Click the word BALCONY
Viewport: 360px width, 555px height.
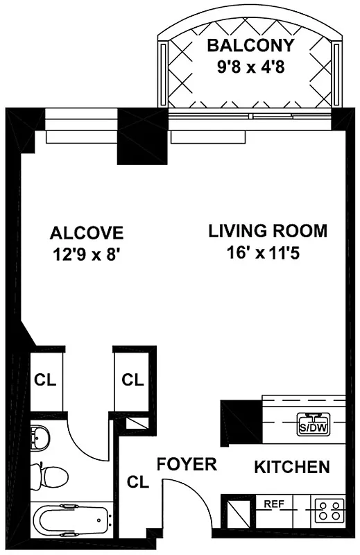pyautogui.click(x=251, y=46)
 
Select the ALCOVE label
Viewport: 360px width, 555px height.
pyautogui.click(x=87, y=232)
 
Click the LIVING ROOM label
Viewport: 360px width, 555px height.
pyautogui.click(x=268, y=231)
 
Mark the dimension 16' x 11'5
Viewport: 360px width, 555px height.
pyautogui.click(x=268, y=253)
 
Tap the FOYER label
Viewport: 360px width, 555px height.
pyautogui.click(x=187, y=464)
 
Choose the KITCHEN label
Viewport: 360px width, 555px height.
pyautogui.click(x=291, y=467)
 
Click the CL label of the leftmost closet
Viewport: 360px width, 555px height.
pyautogui.click(x=46, y=380)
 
